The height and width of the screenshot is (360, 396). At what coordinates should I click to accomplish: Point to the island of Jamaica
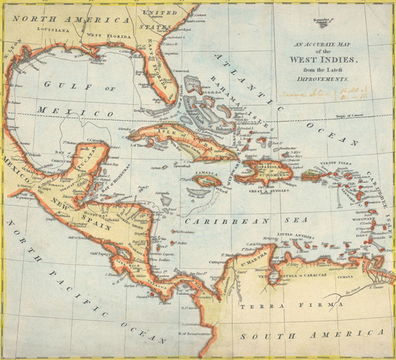click(204, 180)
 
